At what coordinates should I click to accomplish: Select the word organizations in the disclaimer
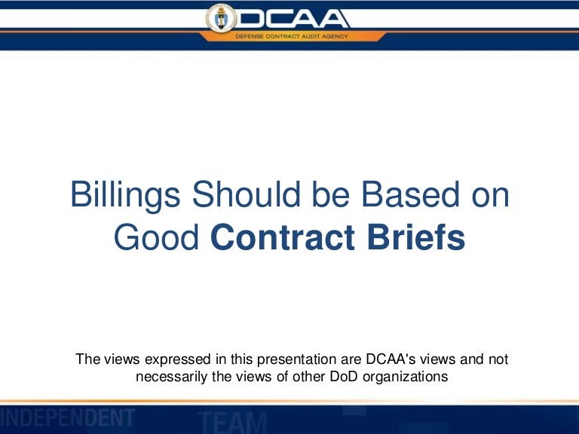pyautogui.click(x=400, y=376)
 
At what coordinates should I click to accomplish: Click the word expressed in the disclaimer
pyautogui.click(x=167, y=359)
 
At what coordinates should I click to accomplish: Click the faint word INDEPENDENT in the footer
pyautogui.click(x=68, y=417)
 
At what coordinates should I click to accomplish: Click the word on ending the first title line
pyautogui.click(x=487, y=196)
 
